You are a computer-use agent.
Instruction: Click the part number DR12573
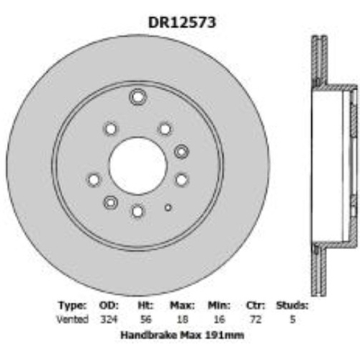tap(181, 22)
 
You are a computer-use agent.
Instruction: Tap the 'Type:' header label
tap(73, 305)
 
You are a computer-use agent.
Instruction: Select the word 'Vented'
tap(73, 318)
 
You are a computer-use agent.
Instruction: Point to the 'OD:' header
tap(109, 305)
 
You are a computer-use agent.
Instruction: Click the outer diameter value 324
tap(108, 318)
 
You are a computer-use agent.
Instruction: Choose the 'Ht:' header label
tap(145, 305)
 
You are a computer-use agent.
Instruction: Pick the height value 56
tap(145, 318)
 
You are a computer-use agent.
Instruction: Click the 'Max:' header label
tap(182, 305)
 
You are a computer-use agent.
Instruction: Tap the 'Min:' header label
tap(219, 305)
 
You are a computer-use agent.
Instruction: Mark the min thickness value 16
tap(219, 318)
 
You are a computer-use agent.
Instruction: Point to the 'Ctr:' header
tap(255, 305)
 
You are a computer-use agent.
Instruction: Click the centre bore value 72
tap(255, 318)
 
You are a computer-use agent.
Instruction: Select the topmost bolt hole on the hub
tap(138, 98)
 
